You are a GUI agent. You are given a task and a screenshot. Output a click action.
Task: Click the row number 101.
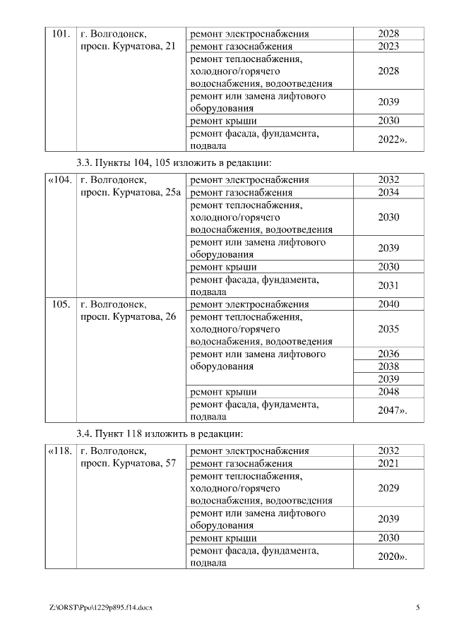coord(61,34)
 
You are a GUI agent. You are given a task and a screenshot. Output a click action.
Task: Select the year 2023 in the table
coord(388,47)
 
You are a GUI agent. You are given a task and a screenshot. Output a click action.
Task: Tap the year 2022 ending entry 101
coord(392,140)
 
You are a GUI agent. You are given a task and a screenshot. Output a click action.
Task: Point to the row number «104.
coord(60,180)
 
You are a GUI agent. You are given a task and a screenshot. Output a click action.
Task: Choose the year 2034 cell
coord(388,193)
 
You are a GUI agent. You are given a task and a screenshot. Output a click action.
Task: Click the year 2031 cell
coord(388,285)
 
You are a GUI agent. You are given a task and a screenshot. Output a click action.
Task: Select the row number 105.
coord(61,304)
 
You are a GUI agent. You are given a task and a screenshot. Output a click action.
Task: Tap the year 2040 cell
coord(388,304)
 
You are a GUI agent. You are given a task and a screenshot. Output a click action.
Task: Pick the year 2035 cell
coord(388,329)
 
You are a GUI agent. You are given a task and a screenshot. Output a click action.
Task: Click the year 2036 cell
coord(388,354)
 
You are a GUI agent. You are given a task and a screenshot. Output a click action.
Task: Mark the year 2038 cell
coord(388,366)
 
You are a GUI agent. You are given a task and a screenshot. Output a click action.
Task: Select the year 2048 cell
coord(388,392)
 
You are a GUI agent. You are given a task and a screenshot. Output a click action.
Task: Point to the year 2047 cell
coord(392,410)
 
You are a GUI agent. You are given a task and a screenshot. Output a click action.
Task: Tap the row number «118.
coord(60,450)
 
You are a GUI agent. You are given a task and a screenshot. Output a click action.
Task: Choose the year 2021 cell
coord(388,463)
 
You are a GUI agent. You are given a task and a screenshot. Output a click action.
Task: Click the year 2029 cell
coord(388,488)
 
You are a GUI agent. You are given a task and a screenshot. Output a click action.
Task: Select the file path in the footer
coord(101,607)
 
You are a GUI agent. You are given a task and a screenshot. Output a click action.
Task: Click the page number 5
coord(418,607)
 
